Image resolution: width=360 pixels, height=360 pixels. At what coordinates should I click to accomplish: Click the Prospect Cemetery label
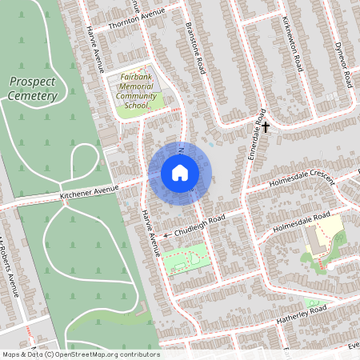pyautogui.click(x=34, y=89)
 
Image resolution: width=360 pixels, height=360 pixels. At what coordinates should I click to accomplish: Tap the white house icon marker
pyautogui.click(x=179, y=173)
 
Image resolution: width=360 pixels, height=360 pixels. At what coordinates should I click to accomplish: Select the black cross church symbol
pyautogui.click(x=266, y=126)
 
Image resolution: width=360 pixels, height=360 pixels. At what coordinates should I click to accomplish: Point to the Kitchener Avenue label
pyautogui.click(x=89, y=193)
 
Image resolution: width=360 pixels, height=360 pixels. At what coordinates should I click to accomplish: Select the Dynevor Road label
pyautogui.click(x=343, y=64)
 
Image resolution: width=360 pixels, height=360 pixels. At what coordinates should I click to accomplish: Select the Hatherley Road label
pyautogui.click(x=295, y=313)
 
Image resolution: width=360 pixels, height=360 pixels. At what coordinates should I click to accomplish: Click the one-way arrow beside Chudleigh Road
pyautogui.click(x=167, y=235)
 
